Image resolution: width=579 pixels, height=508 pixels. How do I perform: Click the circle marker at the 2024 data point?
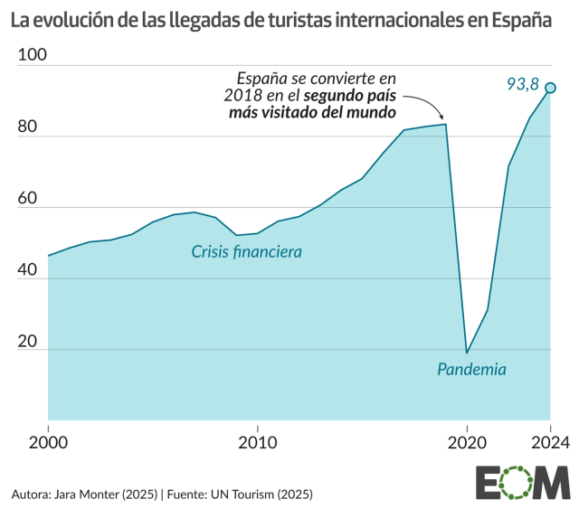point(549,88)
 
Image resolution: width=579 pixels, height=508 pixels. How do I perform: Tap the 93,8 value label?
point(522,85)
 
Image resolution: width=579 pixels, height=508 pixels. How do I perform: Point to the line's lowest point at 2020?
point(467,353)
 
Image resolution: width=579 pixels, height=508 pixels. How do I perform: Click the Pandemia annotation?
point(471,369)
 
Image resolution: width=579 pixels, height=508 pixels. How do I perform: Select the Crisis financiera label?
point(246,251)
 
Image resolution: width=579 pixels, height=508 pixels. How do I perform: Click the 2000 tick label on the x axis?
point(48,443)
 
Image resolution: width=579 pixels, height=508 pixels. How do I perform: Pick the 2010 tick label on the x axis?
point(258,443)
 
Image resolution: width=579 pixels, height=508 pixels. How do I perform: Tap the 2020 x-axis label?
point(467,443)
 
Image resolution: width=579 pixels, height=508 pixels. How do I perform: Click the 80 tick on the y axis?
point(28,128)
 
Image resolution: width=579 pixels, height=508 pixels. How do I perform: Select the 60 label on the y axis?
point(28,199)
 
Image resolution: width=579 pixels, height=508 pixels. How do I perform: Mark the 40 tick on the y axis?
point(28,270)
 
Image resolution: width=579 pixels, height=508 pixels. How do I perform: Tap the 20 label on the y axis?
point(28,341)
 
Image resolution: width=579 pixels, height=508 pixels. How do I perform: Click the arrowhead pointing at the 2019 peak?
point(441,117)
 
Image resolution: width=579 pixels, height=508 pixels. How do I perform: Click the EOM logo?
point(522,484)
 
